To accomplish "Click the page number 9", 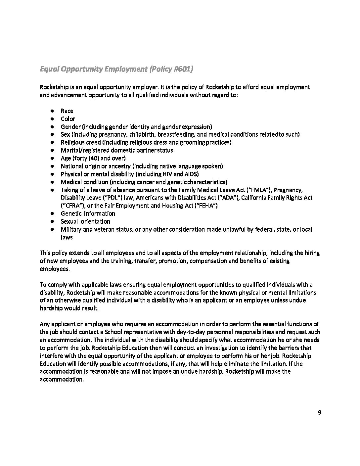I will [x=319, y=412].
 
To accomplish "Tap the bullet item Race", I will [x=67, y=111].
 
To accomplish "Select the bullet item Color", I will [x=68, y=119].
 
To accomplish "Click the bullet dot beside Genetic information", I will [x=52, y=214].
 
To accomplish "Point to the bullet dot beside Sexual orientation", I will [x=52, y=222].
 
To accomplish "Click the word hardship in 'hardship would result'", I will [x=51, y=308].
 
